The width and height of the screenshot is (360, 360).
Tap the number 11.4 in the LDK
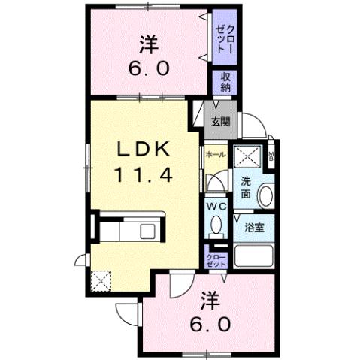tap(145, 176)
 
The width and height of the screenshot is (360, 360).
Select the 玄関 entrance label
tap(219, 121)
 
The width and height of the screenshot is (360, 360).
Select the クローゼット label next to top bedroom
tap(225, 36)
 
